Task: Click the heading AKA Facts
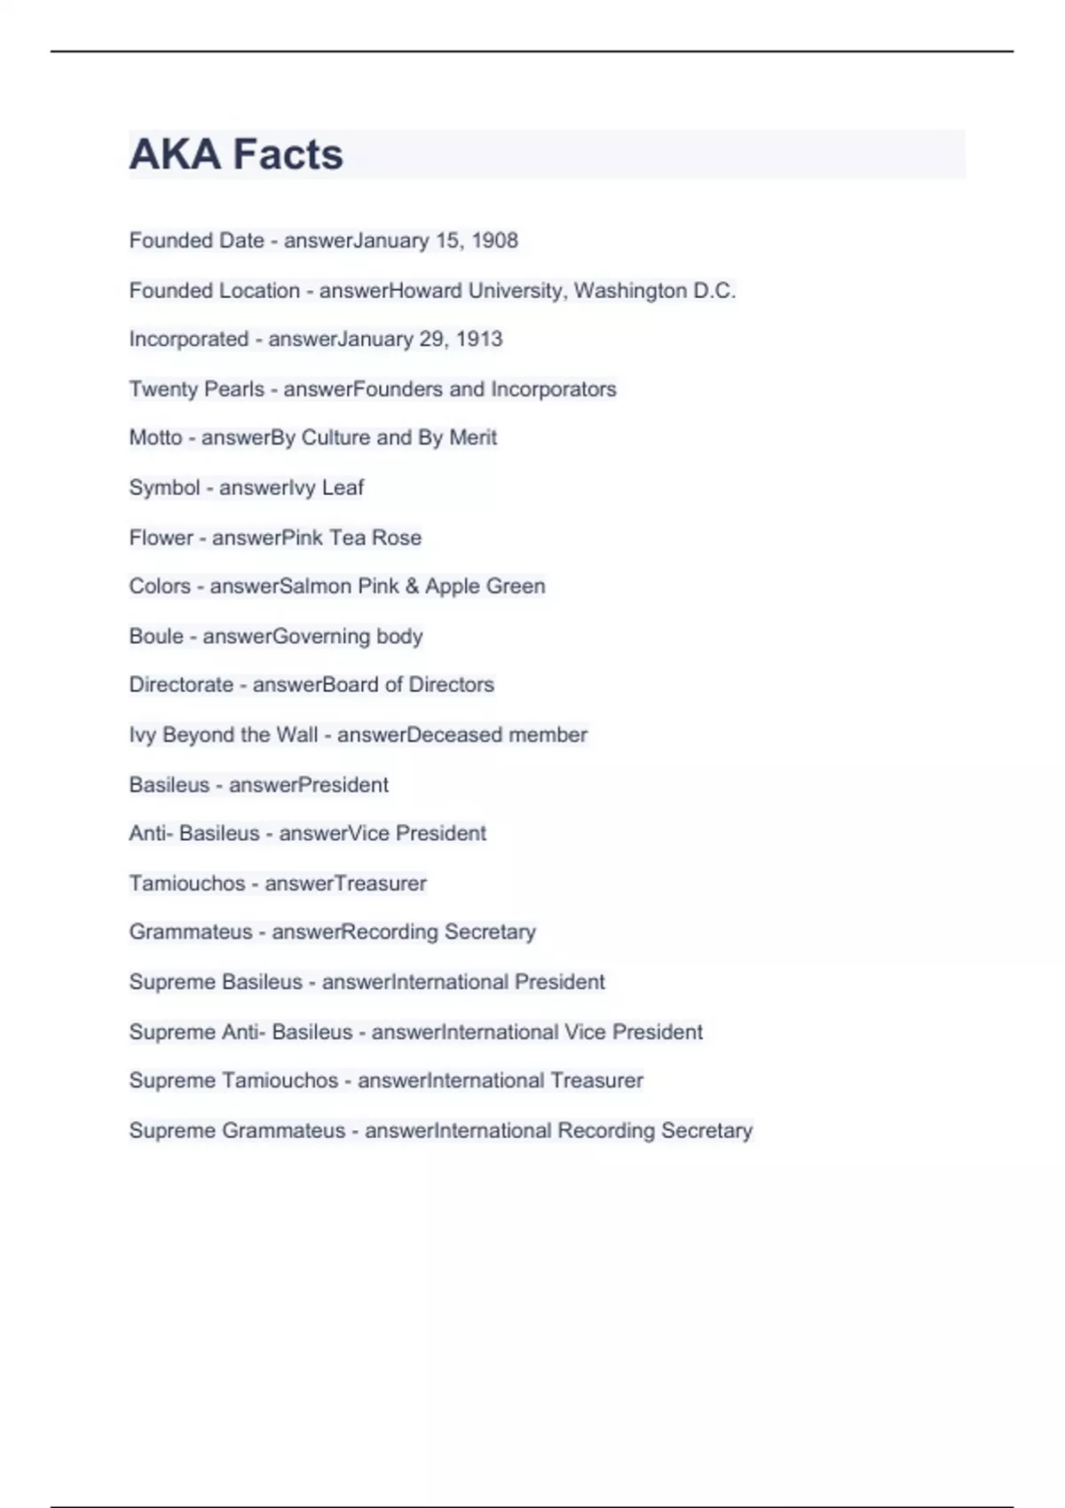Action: (x=236, y=154)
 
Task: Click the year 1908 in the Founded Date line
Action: (x=494, y=240)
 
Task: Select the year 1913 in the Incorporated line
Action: (x=479, y=339)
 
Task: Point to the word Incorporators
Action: (x=554, y=389)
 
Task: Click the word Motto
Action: (x=155, y=437)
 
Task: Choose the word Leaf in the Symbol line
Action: (x=343, y=487)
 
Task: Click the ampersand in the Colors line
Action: (x=412, y=586)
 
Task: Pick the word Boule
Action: (x=156, y=636)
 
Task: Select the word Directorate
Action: (x=181, y=685)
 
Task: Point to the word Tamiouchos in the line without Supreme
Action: (x=187, y=884)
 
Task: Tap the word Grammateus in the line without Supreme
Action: (x=191, y=932)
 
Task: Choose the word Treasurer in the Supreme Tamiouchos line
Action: (x=596, y=1080)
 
